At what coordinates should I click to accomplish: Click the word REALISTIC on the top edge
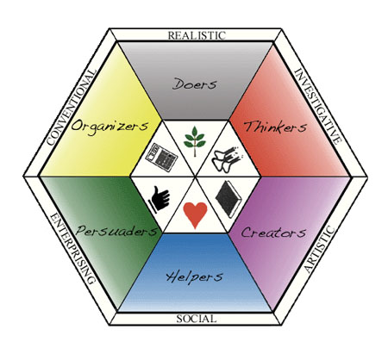tap(197, 35)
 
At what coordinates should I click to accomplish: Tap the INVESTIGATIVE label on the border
tap(318, 106)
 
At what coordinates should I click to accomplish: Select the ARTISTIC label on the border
tap(320, 250)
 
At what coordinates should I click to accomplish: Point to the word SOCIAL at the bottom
tap(197, 319)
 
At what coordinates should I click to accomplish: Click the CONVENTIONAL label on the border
tap(71, 108)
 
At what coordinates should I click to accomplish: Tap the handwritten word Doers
tap(195, 84)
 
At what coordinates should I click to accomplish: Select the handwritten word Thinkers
tap(275, 127)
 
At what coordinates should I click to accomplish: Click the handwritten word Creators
tap(273, 232)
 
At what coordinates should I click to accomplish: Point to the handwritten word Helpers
tap(194, 277)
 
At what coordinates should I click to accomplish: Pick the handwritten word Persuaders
tap(116, 231)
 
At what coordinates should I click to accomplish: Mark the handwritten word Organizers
tap(110, 126)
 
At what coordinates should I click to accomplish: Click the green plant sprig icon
tap(195, 141)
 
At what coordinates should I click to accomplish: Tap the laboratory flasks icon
tap(227, 158)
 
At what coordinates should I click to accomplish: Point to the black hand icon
tap(159, 198)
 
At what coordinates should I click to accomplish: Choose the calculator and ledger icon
tap(161, 158)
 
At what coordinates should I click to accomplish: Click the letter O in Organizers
tap(76, 126)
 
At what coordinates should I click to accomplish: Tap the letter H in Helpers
tap(172, 277)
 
